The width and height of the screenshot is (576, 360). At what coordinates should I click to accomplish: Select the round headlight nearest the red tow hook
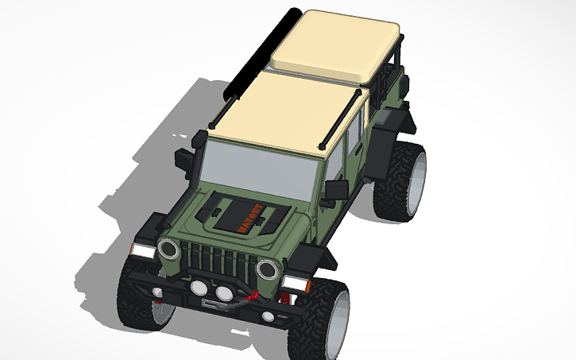click(x=267, y=269)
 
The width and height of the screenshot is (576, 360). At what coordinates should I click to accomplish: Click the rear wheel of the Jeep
click(x=403, y=180)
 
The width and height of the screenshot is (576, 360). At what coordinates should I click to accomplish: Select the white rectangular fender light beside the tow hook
click(x=296, y=284)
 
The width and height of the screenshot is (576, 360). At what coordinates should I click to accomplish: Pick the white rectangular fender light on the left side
click(x=142, y=250)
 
